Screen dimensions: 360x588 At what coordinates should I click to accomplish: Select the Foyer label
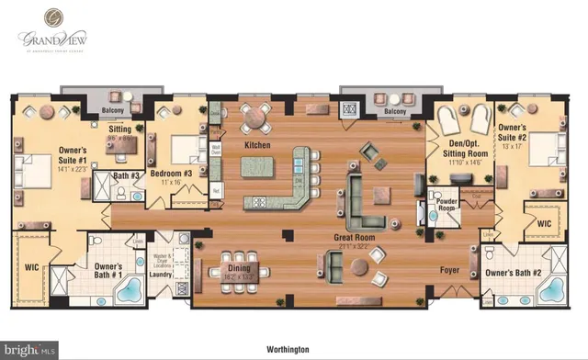click(x=449, y=271)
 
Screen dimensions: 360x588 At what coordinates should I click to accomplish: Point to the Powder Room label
click(x=447, y=207)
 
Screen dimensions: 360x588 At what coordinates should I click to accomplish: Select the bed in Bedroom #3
click(x=185, y=146)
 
